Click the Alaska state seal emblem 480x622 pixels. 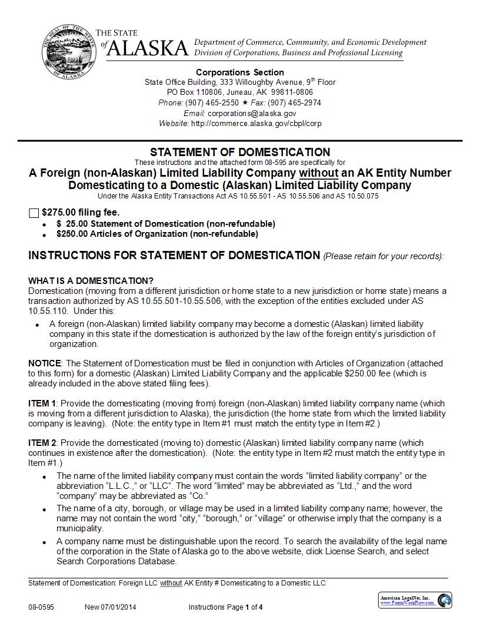coord(65,51)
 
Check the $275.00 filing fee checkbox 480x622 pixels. coord(34,213)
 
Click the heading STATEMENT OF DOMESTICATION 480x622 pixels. coord(240,152)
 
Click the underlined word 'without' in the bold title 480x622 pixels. coord(319,173)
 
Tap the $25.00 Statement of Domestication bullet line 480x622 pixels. coord(166,224)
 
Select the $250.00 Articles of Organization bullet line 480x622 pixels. coord(157,234)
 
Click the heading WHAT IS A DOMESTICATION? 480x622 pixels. coord(91,280)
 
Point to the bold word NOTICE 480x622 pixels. coord(45,363)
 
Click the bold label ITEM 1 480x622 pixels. coord(43,403)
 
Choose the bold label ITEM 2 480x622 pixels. coord(43,443)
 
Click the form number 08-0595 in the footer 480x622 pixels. coord(41,607)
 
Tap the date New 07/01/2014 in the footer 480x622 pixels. coord(111,607)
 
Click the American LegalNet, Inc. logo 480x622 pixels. coord(415,600)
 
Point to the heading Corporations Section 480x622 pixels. coord(240,72)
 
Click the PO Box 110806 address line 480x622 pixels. coord(240,92)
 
